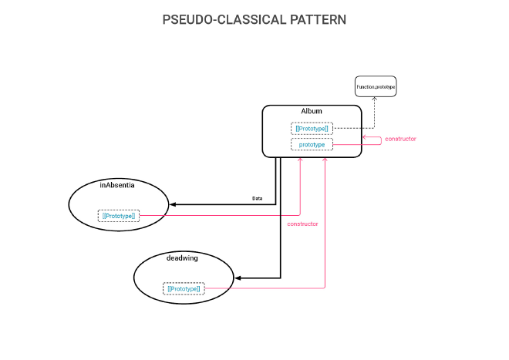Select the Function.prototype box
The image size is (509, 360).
point(376,87)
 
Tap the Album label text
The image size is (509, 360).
point(312,111)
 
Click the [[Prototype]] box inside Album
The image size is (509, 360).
point(312,128)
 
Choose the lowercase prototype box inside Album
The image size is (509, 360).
point(312,144)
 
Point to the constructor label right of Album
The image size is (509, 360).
point(400,139)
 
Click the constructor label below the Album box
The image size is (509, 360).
point(302,224)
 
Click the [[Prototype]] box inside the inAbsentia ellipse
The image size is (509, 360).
point(118,216)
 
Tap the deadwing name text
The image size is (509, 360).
point(182,257)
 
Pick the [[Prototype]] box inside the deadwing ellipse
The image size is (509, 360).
point(184,288)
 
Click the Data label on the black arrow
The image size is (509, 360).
point(258,198)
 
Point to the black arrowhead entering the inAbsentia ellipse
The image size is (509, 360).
point(174,204)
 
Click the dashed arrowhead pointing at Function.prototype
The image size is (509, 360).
point(375,100)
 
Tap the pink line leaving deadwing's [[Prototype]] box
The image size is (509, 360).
point(262,288)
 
